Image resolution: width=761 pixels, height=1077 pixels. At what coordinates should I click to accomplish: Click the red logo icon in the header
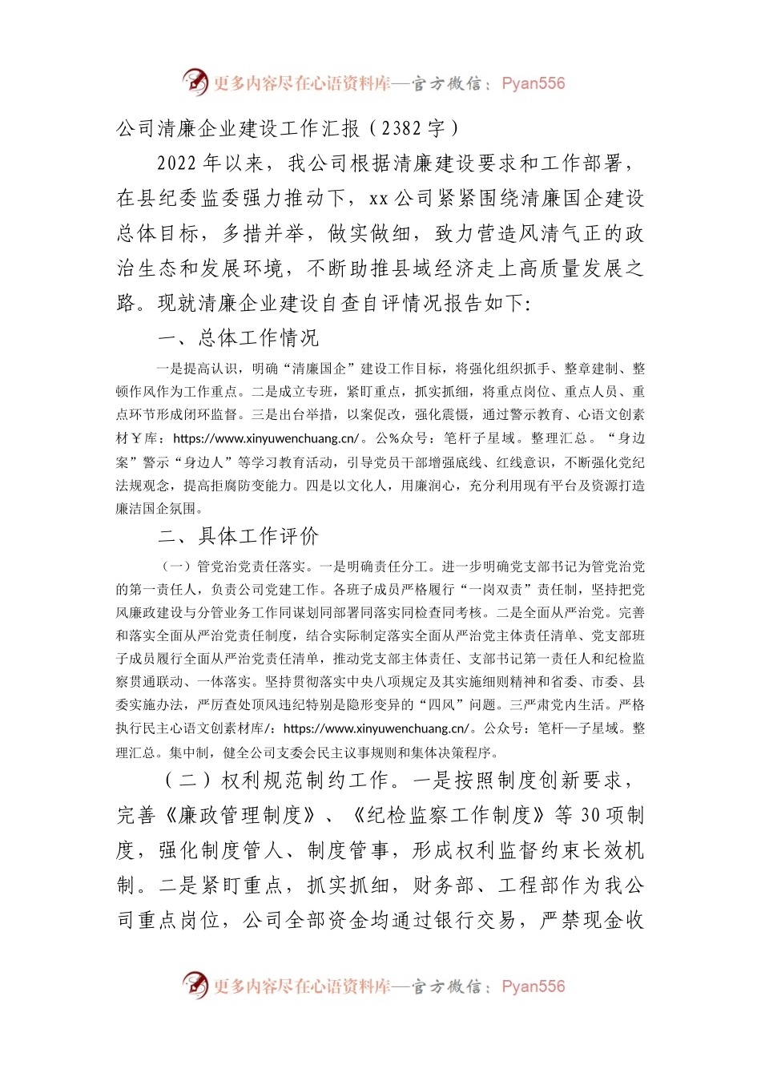click(x=195, y=82)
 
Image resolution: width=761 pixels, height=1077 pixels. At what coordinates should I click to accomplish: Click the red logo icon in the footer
click(x=195, y=985)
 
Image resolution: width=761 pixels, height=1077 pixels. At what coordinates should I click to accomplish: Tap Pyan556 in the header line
click(x=533, y=83)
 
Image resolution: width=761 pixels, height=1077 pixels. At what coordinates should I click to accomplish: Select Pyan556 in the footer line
click(x=533, y=986)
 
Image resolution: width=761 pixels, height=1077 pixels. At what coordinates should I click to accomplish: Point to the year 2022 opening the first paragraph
click(x=177, y=163)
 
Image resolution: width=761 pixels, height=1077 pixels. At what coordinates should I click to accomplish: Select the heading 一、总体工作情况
click(x=239, y=338)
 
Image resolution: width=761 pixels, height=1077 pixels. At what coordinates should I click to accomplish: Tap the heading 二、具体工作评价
click(x=239, y=536)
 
